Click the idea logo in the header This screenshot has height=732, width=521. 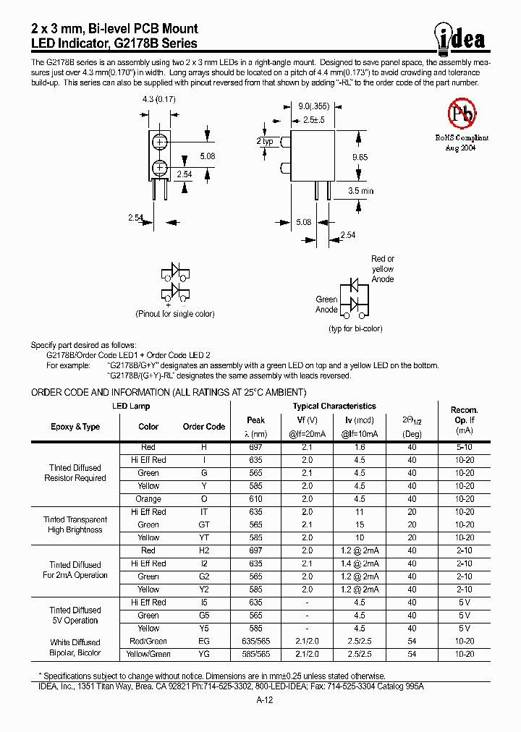click(461, 36)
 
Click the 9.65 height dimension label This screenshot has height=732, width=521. click(360, 156)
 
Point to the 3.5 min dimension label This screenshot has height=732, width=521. click(360, 191)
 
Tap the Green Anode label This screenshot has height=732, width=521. click(326, 305)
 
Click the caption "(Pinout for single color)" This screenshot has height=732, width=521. click(174, 314)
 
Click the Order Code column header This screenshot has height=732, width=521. click(203, 427)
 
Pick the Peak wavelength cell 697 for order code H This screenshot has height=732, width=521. click(255, 448)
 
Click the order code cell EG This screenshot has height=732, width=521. click(203, 642)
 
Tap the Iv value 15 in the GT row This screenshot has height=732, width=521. click(359, 525)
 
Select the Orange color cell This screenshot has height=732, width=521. click(148, 499)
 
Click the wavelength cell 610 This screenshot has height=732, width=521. click(255, 499)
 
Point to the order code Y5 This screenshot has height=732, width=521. click(203, 629)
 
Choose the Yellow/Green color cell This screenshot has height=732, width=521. click(148, 654)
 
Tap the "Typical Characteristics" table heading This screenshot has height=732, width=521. click(334, 407)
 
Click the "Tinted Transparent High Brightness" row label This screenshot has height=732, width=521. click(75, 525)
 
